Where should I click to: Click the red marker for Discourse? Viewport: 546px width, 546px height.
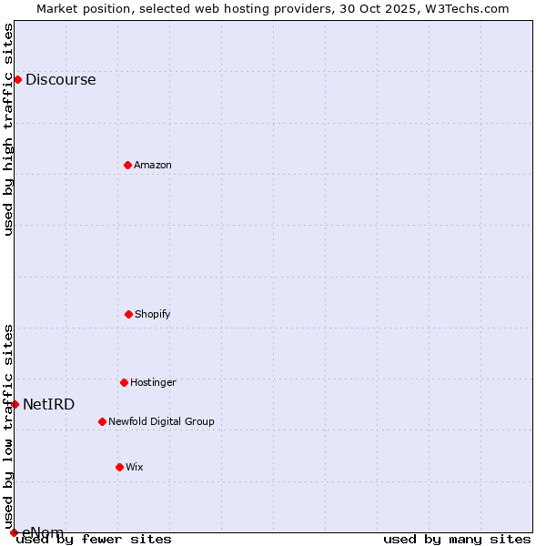pos(17,79)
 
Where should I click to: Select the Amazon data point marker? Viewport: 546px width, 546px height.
pos(127,165)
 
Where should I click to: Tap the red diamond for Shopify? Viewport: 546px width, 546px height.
pos(128,314)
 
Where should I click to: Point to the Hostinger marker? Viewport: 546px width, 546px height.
pos(124,382)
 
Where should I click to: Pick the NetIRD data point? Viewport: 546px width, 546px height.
pos(15,404)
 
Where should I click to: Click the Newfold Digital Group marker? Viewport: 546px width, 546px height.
pos(102,421)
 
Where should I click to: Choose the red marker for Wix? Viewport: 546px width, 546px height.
pos(119,467)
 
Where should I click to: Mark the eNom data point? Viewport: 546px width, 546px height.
pos(14,532)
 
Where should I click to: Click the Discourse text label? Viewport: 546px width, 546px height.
pos(60,79)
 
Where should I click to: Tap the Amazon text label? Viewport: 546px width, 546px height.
pos(153,165)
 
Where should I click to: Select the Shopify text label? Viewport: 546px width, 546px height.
pos(153,314)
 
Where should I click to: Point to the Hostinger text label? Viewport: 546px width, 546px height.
pos(153,382)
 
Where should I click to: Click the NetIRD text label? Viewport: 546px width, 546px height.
pos(49,404)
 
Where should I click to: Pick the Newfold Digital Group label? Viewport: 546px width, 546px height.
pos(161,421)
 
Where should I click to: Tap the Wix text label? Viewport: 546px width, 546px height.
pos(135,467)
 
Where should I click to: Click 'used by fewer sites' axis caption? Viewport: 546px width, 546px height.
pos(94,539)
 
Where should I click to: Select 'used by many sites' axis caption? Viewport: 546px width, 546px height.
pos(457,539)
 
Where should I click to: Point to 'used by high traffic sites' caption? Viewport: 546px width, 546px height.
pos(8,129)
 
